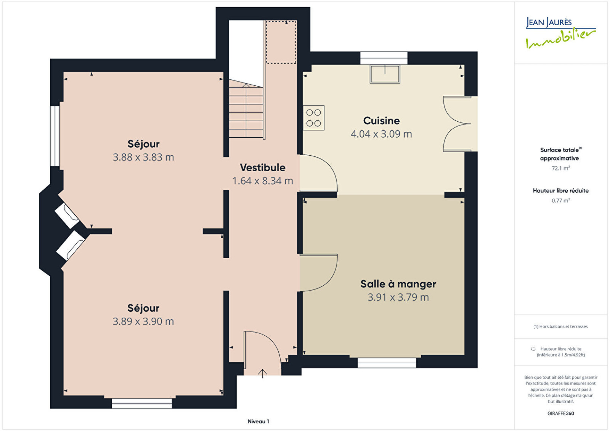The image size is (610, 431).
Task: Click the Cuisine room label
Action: (x=381, y=121)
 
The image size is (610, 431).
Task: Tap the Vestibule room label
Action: (x=263, y=167)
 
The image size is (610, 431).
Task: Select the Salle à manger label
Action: (x=398, y=284)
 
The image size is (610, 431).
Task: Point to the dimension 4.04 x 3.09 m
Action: (x=381, y=134)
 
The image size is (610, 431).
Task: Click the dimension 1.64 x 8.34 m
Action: (x=263, y=181)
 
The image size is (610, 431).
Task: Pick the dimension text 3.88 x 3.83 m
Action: (x=143, y=157)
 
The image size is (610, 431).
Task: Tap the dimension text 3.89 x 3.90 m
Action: (x=143, y=322)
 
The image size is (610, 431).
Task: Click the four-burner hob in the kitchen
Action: (x=313, y=118)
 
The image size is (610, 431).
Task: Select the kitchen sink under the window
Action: (x=385, y=74)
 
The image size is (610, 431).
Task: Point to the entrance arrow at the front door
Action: (x=262, y=373)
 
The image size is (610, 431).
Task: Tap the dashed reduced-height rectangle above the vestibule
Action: (x=281, y=42)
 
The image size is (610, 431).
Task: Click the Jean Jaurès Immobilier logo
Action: (x=560, y=33)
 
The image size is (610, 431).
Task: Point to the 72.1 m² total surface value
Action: (x=561, y=168)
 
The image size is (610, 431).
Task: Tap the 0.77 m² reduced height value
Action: (x=561, y=201)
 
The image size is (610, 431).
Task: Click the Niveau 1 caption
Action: (x=258, y=421)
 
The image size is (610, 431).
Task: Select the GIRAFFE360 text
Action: (x=561, y=413)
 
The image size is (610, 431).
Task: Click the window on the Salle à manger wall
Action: (x=387, y=363)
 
